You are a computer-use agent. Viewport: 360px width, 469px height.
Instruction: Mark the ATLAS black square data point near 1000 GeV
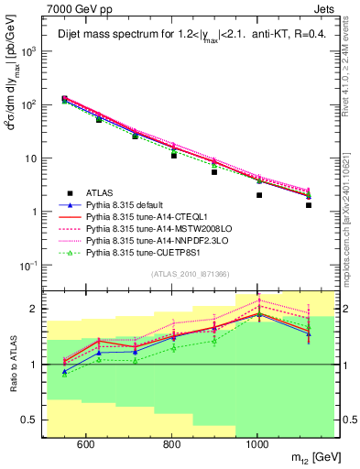coord(259,195)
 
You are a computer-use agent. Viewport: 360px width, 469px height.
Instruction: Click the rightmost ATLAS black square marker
coord(309,205)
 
